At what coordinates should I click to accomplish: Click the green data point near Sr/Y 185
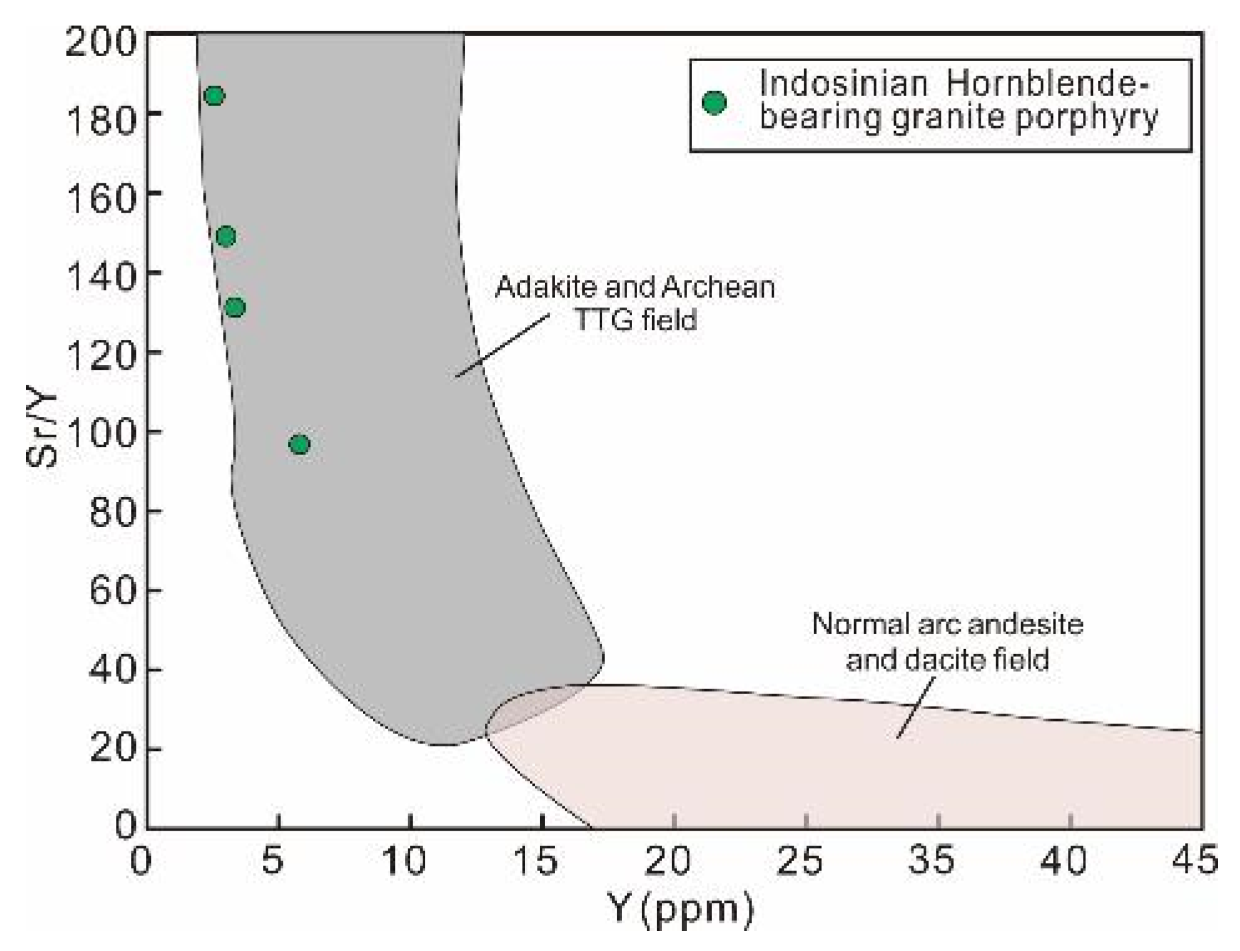click(214, 96)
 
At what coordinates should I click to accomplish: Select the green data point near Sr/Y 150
click(226, 237)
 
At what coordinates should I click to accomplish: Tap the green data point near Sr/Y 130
click(234, 307)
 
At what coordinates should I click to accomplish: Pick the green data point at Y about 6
click(300, 445)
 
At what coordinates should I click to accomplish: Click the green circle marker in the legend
click(714, 103)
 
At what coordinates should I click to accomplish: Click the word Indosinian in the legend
click(843, 84)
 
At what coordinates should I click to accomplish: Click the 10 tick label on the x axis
click(404, 861)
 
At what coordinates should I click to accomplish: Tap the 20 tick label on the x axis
click(667, 861)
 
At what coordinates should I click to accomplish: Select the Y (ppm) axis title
click(680, 910)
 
